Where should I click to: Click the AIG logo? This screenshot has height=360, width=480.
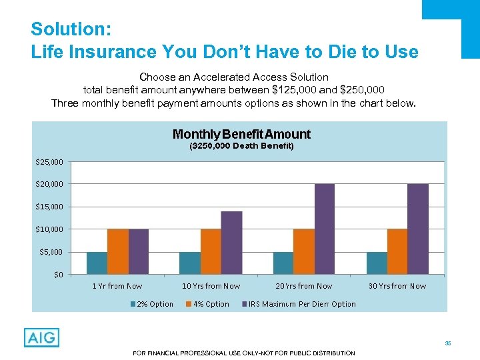[x=41, y=337]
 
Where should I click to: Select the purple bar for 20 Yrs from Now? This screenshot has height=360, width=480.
[x=324, y=229]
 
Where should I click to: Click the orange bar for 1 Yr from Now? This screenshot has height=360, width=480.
[x=117, y=251]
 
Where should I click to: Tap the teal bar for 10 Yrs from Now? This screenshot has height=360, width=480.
[x=190, y=263]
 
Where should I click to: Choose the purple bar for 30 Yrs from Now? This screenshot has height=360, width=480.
[x=418, y=229]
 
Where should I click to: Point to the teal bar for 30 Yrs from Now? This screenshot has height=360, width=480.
[x=377, y=263]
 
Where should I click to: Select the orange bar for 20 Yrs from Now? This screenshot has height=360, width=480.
[x=303, y=251]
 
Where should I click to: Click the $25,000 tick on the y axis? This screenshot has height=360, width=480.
[x=49, y=161]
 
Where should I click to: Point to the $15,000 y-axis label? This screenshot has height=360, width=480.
[x=49, y=207]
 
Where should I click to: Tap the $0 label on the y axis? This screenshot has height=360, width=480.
[x=58, y=274]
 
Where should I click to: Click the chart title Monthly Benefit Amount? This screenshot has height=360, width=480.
[x=241, y=134]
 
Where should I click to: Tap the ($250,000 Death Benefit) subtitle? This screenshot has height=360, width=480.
[x=241, y=145]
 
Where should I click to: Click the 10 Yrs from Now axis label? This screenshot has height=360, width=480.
[x=211, y=286]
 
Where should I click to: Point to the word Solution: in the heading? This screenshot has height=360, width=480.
[x=65, y=30]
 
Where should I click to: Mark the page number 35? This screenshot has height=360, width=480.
[x=448, y=343]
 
